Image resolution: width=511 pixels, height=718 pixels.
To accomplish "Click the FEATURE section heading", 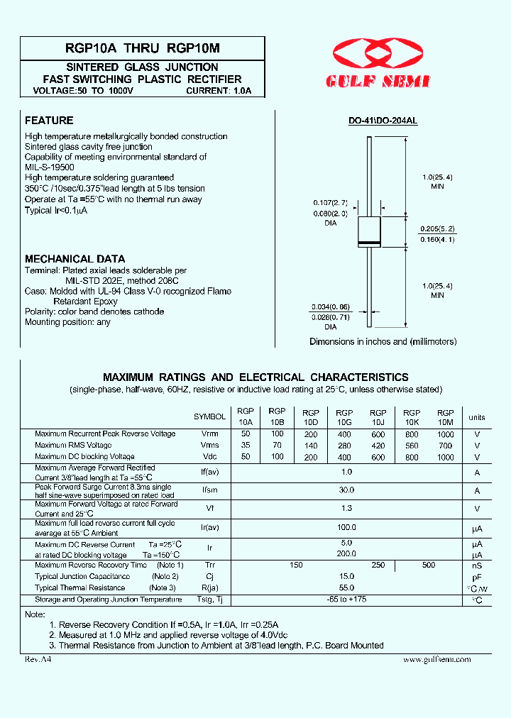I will click(49, 121).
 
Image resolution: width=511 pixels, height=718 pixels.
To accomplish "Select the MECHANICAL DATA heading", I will click(75, 259).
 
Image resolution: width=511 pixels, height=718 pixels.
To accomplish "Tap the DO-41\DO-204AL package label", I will click(383, 121).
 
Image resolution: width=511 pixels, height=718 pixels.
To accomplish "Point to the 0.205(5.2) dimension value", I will click(438, 228).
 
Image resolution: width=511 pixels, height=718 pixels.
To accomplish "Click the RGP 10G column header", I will click(344, 416).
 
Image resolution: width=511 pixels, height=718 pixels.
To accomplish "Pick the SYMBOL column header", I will click(209, 417).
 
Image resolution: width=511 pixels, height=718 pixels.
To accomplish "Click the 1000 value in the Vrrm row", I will click(445, 433).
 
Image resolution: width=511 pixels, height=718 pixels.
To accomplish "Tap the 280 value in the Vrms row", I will click(344, 446).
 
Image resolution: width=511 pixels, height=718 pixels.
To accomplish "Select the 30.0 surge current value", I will click(346, 490).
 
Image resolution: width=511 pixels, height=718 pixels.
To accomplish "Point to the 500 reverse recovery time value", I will click(429, 565).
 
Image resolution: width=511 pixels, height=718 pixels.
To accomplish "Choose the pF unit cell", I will click(477, 577).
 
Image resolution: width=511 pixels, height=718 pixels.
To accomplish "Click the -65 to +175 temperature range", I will click(346, 600).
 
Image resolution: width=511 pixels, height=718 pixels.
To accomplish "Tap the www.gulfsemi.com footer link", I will click(436, 659).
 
